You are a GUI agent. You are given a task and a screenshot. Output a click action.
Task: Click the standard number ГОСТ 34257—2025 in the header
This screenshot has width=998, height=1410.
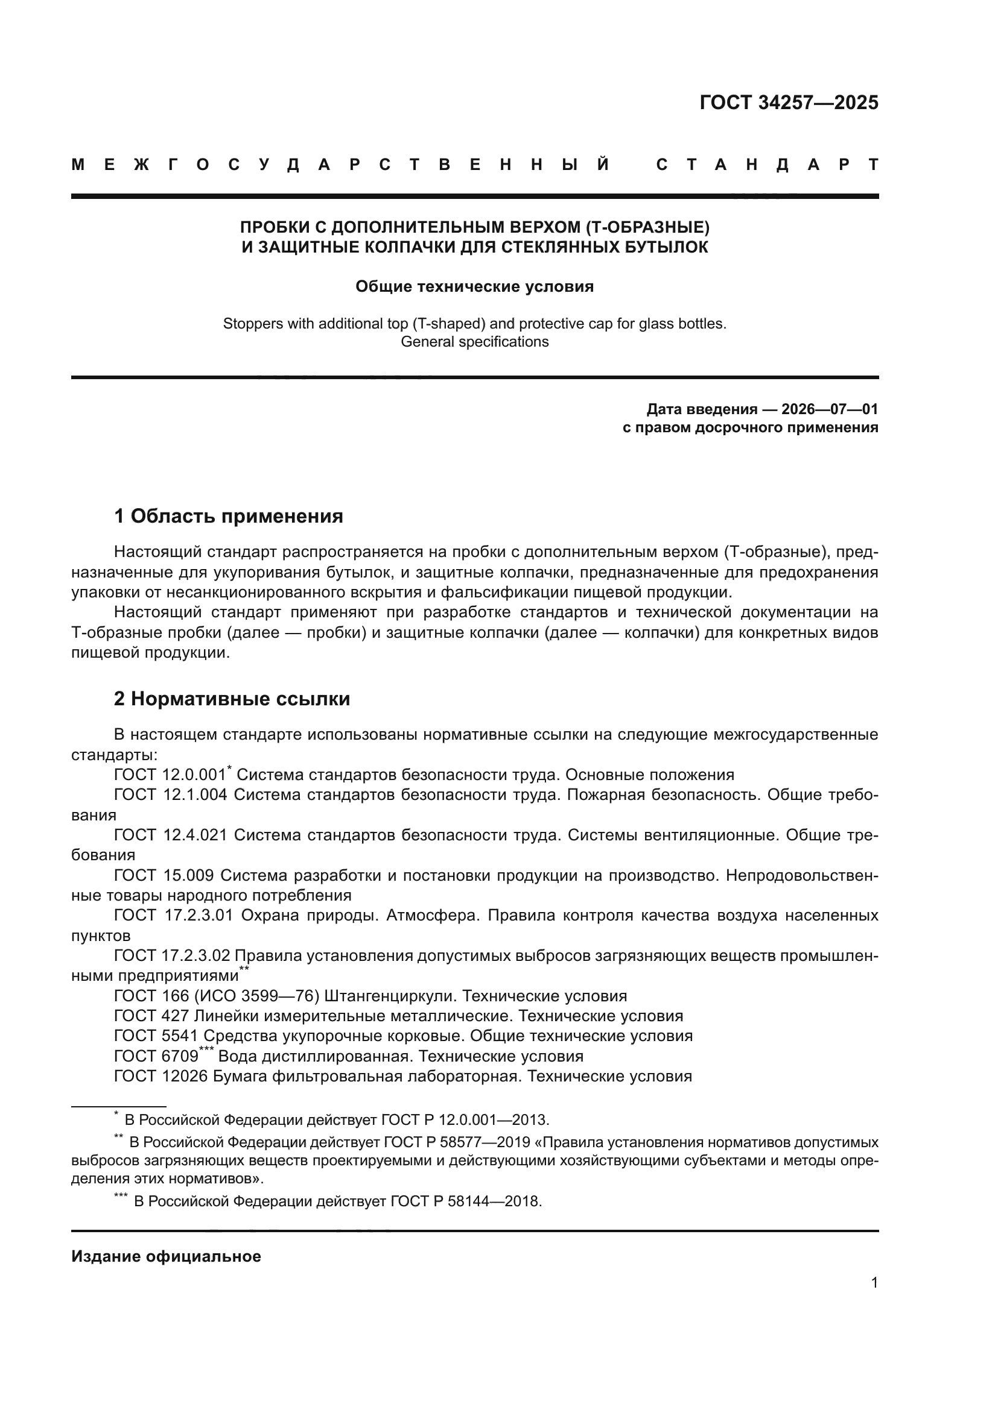tap(789, 102)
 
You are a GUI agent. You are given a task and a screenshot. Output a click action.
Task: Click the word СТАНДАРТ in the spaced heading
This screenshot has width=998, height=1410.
tap(767, 165)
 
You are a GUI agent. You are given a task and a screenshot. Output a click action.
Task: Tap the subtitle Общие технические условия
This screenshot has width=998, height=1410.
tap(474, 287)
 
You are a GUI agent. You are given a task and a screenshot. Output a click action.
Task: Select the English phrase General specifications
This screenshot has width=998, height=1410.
tap(474, 341)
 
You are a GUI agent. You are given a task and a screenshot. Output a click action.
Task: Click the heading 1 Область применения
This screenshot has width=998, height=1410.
tap(229, 516)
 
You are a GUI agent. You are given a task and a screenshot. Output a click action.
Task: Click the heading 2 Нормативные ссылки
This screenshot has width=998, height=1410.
tap(232, 699)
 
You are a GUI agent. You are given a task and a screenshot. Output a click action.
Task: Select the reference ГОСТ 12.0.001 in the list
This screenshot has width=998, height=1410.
tap(170, 775)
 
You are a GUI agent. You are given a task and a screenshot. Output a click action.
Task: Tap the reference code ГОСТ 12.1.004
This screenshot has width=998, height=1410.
tap(170, 795)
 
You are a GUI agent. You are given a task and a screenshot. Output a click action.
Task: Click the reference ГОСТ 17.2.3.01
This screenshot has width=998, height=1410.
tap(173, 915)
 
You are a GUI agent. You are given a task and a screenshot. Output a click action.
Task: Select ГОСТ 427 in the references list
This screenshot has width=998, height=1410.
tap(151, 1016)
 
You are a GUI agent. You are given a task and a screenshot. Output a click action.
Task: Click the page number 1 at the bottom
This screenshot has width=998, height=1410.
tap(874, 1282)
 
